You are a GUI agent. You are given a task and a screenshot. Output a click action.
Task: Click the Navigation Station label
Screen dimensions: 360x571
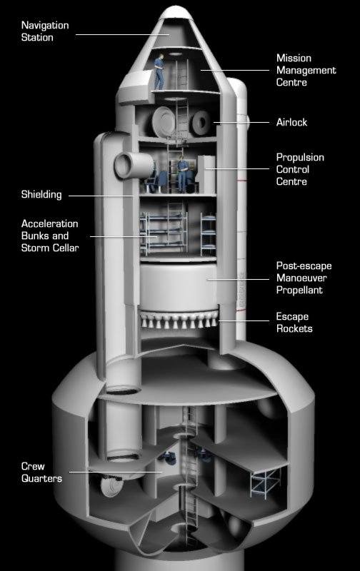pos(45,31)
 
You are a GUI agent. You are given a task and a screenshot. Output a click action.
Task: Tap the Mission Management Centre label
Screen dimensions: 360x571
pos(306,70)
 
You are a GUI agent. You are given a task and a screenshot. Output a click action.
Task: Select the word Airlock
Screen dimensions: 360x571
pos(291,122)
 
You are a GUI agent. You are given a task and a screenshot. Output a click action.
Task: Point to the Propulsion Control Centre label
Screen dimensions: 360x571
pos(300,169)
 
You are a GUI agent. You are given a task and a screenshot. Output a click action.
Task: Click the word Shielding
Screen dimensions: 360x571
pos(41,194)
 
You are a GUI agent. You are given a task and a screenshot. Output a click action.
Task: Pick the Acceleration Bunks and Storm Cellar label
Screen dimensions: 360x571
pos(50,236)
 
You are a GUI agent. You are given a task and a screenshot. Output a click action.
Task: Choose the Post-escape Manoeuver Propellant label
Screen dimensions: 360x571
pos(304,278)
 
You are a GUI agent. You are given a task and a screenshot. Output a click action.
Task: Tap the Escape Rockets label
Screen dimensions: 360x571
pos(294,323)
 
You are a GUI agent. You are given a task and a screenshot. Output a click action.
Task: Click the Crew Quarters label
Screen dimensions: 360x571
pos(41,473)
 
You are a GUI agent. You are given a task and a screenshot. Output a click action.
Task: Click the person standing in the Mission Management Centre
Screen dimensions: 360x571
pos(159,72)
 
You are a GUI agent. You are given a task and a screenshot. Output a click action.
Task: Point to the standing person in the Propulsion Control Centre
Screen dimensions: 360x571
pos(182,174)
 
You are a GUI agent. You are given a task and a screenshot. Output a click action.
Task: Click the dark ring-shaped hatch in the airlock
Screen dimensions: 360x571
pos(201,122)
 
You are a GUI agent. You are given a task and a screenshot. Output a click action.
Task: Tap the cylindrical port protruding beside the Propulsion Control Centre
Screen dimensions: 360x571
pos(134,166)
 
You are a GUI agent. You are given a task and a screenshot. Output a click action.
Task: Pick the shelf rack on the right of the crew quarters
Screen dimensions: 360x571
pos(265,483)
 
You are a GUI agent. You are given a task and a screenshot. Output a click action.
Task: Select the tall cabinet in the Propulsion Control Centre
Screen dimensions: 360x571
pos(206,174)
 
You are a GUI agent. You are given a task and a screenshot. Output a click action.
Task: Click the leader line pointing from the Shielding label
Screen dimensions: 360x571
pos(101,196)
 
